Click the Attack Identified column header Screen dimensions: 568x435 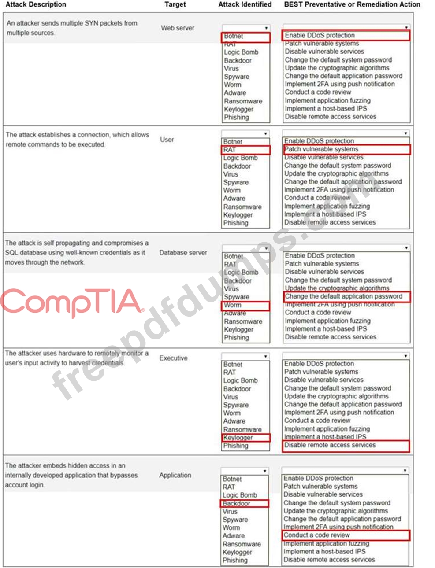click(245, 4)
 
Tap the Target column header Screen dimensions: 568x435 click(175, 4)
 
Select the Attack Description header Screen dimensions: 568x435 click(36, 4)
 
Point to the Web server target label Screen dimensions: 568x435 click(177, 28)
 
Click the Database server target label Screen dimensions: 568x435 click(183, 253)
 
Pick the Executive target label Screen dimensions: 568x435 click(173, 358)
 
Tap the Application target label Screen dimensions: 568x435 click(175, 475)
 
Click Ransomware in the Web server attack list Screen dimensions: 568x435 click(243, 101)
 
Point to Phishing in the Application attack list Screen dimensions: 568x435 click(235, 560)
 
